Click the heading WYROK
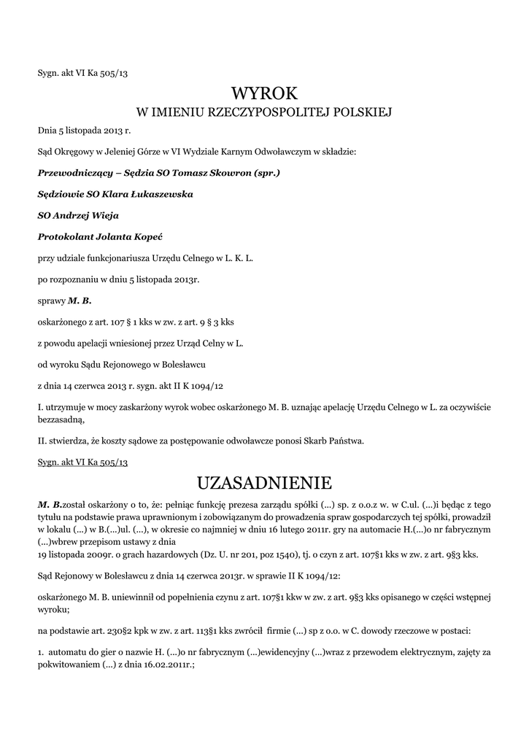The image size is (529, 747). pos(265,93)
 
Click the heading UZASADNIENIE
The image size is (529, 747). pos(265,483)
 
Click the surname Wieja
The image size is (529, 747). pos(104,216)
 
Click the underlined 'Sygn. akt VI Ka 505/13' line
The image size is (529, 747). pos(83,462)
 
